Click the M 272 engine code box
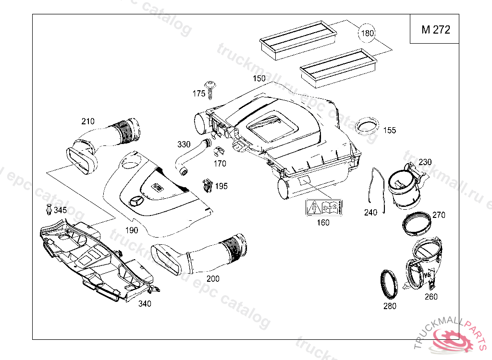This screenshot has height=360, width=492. pos(434,29)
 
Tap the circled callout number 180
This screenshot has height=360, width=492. pos(367,33)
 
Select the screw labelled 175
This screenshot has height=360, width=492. pos(210,90)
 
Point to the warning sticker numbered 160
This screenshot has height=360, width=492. pos(324,207)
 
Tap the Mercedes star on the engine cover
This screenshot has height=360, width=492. pos(136,201)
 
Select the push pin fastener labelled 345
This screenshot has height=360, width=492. pos(49,209)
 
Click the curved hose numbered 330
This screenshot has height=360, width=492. pos(192,156)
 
